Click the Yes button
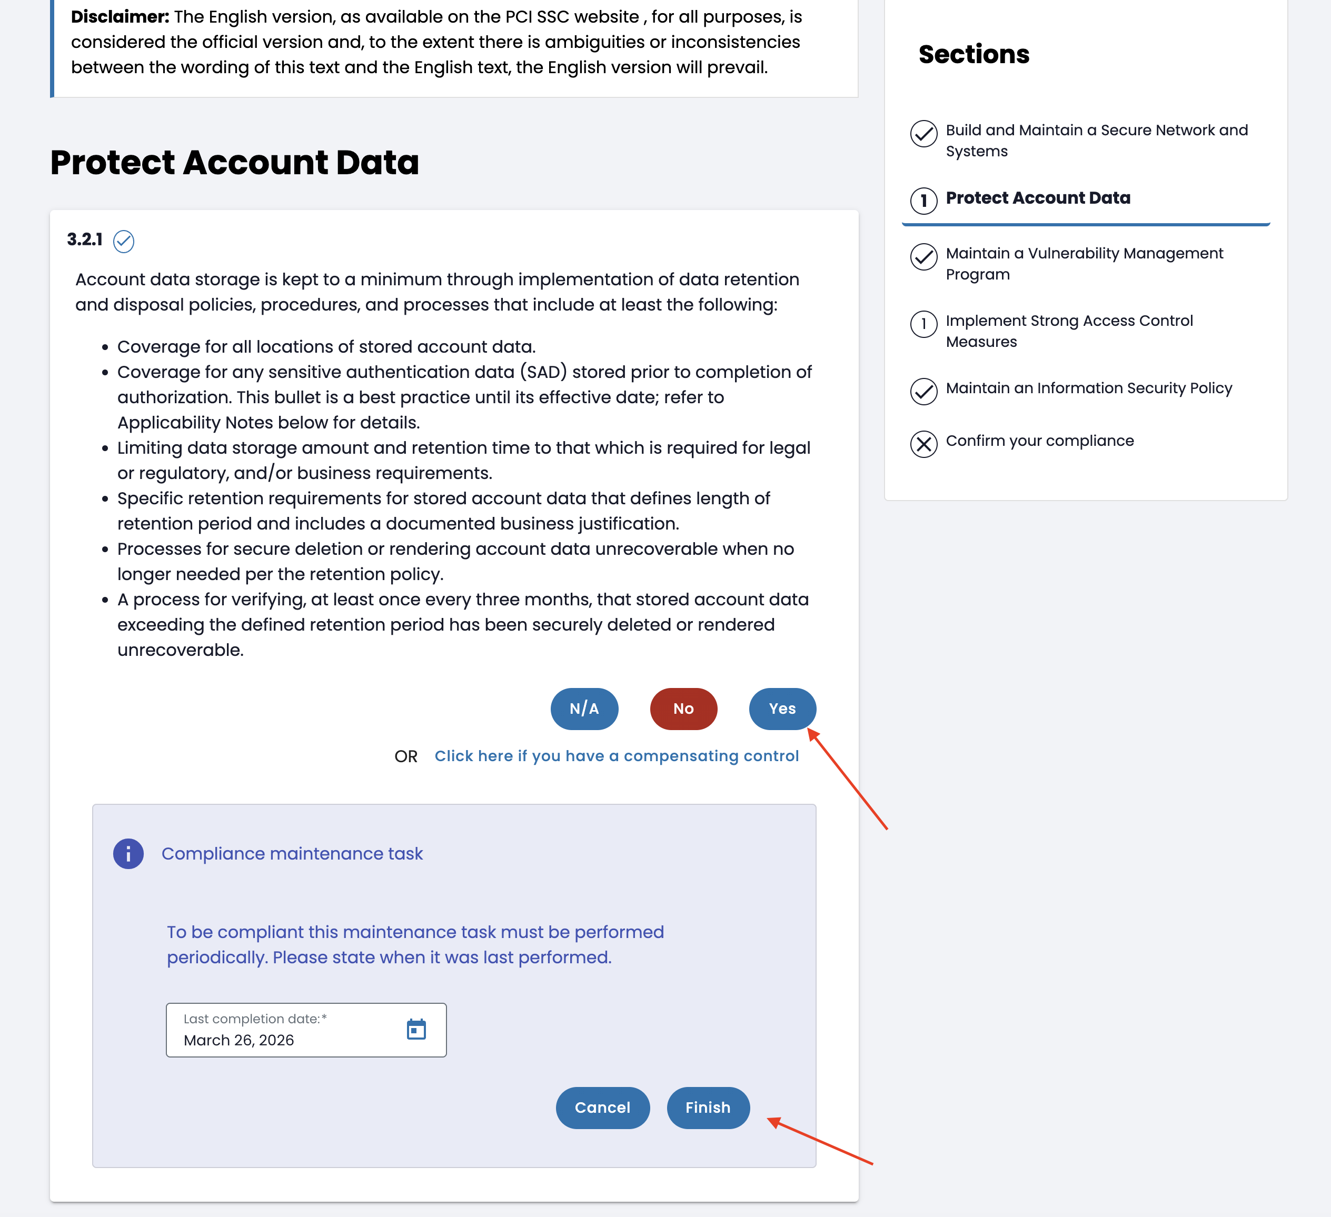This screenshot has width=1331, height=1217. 782,709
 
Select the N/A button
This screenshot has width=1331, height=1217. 584,709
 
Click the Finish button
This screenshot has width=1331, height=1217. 708,1108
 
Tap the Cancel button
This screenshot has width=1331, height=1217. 602,1108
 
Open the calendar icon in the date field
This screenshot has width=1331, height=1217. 416,1029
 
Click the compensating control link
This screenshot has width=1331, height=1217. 616,756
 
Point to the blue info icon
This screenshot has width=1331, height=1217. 128,854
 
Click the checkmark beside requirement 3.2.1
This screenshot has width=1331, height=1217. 123,242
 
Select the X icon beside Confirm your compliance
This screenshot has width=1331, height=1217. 923,444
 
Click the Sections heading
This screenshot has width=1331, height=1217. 974,54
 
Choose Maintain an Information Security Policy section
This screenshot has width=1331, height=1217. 1088,388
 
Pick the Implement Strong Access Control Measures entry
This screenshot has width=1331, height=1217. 1068,331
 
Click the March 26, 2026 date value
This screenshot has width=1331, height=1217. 239,1040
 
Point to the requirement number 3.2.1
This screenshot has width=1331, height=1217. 85,240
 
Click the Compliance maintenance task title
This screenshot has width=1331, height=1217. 292,853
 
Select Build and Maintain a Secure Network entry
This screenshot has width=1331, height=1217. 1096,140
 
